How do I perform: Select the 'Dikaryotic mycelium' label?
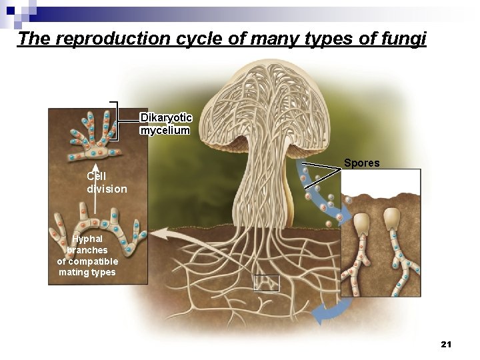[165, 124]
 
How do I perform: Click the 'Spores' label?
[362, 163]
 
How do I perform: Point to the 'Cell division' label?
[107, 183]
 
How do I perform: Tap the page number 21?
[446, 344]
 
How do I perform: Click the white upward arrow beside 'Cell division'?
[95, 190]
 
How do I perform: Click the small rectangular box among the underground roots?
[266, 283]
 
